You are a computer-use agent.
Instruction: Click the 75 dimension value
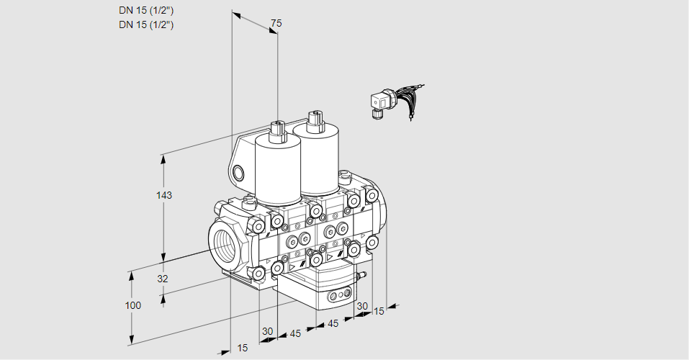[275, 24]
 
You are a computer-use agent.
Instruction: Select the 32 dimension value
[162, 279]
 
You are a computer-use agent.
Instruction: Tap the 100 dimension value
[132, 305]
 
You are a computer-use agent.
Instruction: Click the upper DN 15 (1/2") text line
[146, 11]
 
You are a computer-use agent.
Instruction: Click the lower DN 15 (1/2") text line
[146, 24]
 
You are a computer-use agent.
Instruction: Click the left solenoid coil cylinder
[277, 169]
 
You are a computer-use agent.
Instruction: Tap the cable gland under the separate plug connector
[377, 112]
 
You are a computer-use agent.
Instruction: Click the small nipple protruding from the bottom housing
[362, 274]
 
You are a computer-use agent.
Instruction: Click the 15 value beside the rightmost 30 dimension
[379, 311]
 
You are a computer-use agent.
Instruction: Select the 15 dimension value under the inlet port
[243, 348]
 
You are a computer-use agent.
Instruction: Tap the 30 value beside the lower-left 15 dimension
[268, 331]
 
